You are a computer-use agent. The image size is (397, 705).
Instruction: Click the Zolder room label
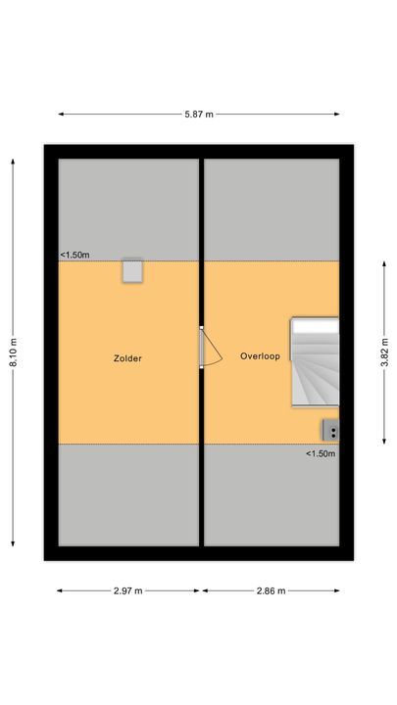pyautogui.click(x=127, y=358)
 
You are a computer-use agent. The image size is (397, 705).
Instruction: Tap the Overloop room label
pyautogui.click(x=260, y=356)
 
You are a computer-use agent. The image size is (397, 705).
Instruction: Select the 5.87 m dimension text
pyautogui.click(x=199, y=115)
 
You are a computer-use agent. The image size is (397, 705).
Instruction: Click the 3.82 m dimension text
pyautogui.click(x=384, y=349)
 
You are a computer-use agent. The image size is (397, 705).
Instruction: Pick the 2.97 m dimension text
pyautogui.click(x=127, y=591)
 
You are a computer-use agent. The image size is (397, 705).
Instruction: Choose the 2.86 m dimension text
pyautogui.click(x=271, y=591)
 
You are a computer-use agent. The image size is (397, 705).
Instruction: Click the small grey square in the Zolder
pyautogui.click(x=132, y=271)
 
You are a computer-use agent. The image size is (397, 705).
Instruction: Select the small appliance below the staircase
pyautogui.click(x=331, y=429)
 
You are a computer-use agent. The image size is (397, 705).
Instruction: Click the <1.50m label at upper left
pyautogui.click(x=74, y=256)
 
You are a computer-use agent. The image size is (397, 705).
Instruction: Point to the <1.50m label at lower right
pyautogui.click(x=321, y=453)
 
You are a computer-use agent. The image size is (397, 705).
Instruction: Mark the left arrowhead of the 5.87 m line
pyautogui.click(x=60, y=115)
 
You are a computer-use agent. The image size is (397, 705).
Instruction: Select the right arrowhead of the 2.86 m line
pyautogui.click(x=338, y=591)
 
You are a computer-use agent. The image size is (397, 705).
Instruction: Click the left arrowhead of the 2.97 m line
pyautogui.click(x=59, y=591)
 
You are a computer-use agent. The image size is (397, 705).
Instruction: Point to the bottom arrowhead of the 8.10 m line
pyautogui.click(x=14, y=543)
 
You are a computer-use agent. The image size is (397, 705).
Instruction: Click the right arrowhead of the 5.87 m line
pyautogui.click(x=338, y=115)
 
